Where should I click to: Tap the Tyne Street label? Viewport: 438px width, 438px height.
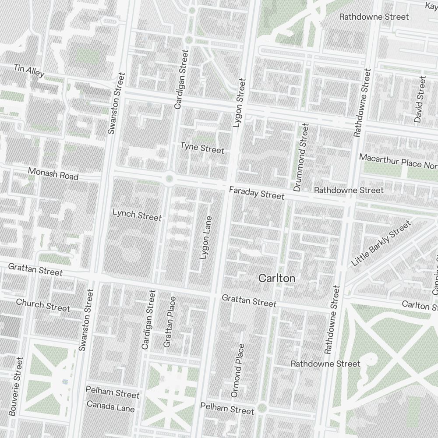[202, 148]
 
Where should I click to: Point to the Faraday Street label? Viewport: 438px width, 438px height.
[257, 193]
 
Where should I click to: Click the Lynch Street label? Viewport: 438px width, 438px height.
[137, 215]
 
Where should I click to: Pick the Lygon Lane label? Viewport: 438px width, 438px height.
[205, 237]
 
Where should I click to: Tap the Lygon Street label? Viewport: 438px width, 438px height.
[240, 103]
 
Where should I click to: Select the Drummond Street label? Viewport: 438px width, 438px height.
[301, 157]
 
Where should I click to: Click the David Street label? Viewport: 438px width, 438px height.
[420, 99]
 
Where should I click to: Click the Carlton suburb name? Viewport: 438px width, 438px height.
[276, 278]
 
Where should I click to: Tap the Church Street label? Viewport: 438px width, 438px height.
[43, 305]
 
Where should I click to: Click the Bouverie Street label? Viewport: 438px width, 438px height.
[15, 386]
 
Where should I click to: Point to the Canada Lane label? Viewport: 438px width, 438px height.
[110, 406]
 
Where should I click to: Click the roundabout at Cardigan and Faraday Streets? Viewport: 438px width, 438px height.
[170, 178]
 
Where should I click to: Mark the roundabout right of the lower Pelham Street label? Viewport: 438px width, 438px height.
[262, 408]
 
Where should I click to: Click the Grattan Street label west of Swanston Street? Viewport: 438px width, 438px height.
[35, 269]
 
